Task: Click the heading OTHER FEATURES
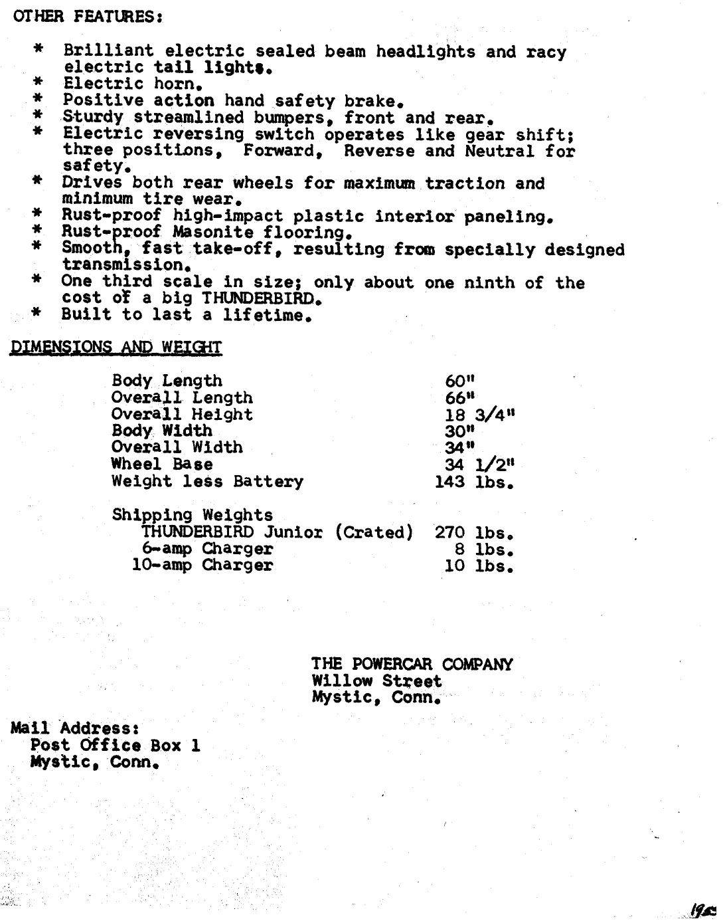click(88, 16)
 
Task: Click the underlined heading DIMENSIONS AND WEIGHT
click(116, 347)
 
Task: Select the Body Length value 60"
click(460, 381)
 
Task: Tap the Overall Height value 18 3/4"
click(479, 415)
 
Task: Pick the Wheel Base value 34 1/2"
click(479, 464)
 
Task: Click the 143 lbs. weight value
click(474, 482)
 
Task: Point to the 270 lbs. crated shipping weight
click(474, 533)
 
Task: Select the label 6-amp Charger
click(207, 549)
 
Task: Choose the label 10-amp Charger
click(202, 565)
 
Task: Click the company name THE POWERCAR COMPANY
click(412, 664)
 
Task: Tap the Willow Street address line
click(376, 681)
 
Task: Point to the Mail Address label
click(75, 728)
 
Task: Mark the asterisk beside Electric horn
click(39, 82)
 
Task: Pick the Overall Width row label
click(177, 447)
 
